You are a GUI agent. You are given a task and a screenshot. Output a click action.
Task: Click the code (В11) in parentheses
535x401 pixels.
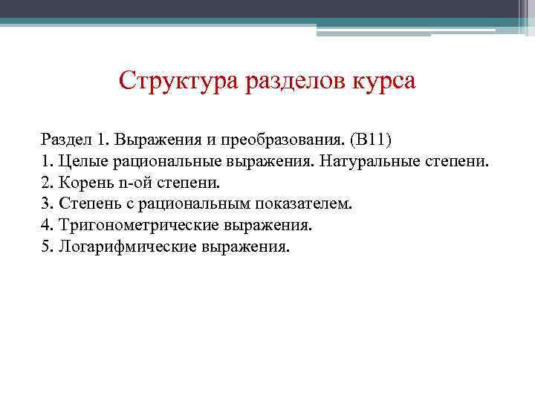click(x=382, y=140)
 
